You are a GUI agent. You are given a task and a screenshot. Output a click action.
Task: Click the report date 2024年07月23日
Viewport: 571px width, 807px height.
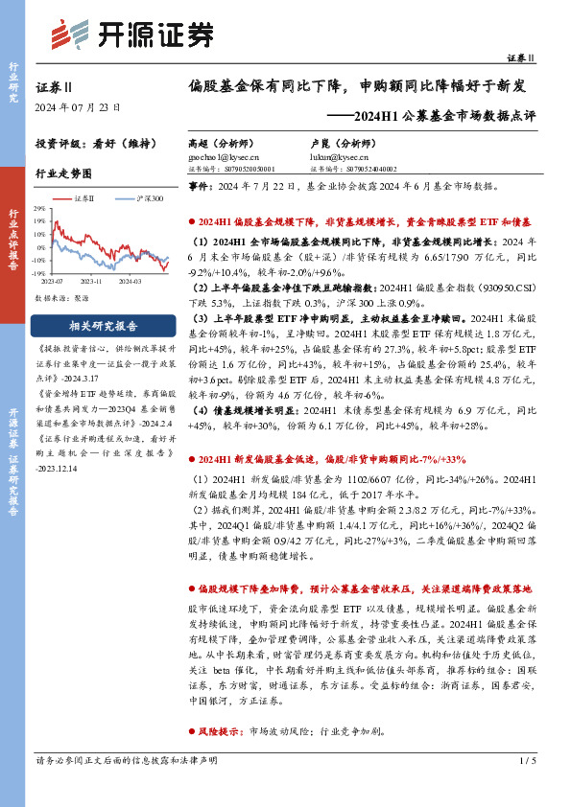(72, 106)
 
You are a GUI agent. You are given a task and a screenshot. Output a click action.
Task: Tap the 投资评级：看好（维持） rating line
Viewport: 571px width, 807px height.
(85, 148)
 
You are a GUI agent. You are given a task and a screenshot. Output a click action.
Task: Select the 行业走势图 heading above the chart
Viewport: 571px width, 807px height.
(63, 174)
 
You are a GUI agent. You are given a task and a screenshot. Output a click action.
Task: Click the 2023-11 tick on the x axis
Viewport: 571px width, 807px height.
(92, 281)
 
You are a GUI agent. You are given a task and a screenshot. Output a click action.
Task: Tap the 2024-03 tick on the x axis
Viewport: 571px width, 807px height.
(131, 281)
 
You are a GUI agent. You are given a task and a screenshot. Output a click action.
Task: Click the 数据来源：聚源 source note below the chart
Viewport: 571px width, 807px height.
(63, 298)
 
